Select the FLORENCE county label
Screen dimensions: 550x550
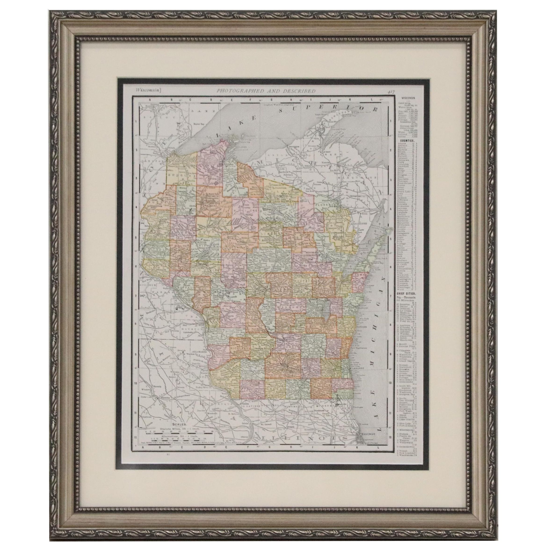(x=326, y=204)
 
